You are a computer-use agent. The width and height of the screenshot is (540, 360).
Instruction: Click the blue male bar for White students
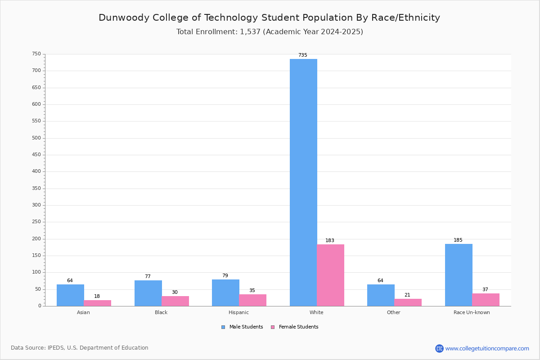point(303,183)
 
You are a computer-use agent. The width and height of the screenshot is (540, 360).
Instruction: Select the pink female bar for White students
point(330,275)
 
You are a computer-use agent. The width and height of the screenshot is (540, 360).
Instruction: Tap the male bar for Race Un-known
point(459,275)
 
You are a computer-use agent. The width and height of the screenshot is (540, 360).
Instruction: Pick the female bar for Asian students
point(97,303)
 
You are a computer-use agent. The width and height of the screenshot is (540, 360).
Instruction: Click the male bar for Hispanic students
point(225,293)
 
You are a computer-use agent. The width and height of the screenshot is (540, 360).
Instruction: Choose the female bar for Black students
point(175,301)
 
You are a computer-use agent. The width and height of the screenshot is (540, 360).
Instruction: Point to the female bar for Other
point(408,302)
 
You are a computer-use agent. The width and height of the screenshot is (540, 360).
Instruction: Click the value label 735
point(303,55)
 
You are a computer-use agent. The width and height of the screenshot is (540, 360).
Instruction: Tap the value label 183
point(330,240)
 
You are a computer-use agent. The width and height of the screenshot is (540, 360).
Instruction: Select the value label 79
point(225,275)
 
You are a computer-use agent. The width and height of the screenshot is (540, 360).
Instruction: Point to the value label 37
point(485,290)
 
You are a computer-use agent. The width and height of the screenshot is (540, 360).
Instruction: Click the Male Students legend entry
point(242,327)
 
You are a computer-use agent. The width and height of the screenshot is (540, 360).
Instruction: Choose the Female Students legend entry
point(295,327)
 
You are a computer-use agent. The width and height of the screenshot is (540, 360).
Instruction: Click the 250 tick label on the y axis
point(36,221)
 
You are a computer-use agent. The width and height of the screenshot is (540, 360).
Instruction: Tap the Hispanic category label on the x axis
point(238,312)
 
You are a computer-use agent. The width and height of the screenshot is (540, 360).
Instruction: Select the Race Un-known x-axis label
point(472,312)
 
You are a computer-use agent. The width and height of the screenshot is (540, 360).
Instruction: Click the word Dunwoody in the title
point(124,18)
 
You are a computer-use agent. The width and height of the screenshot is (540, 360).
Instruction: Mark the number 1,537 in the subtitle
point(250,32)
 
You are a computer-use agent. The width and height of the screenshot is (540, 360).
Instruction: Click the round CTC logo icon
point(439,348)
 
